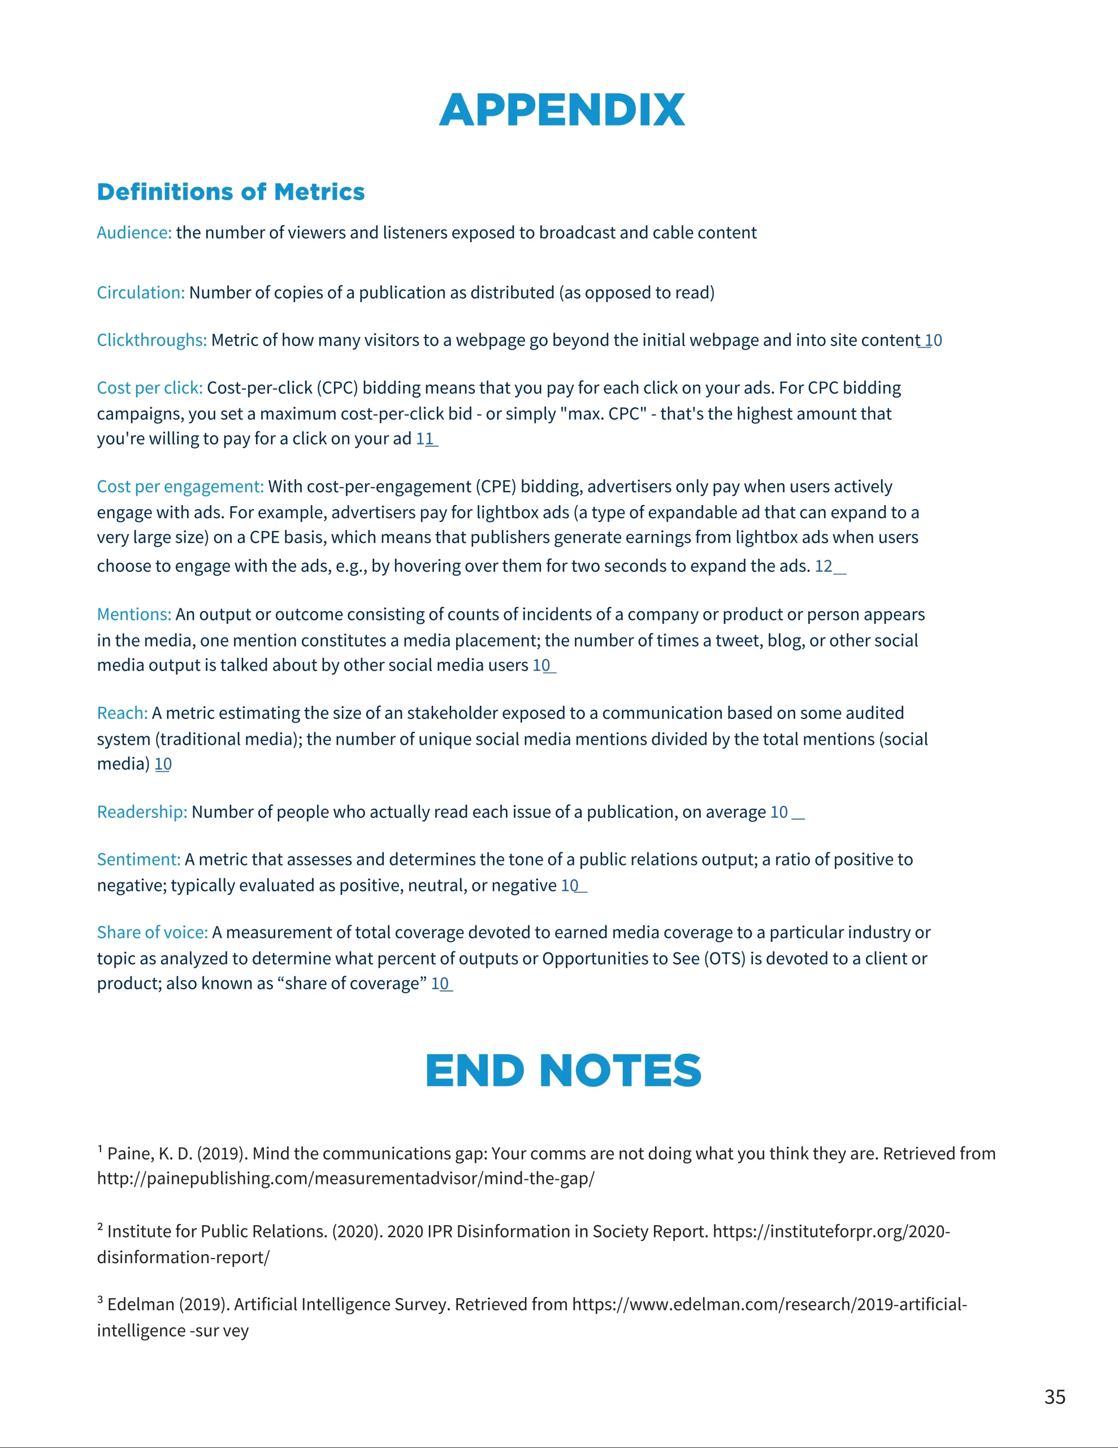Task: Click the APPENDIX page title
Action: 561,110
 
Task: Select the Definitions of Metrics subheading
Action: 231,192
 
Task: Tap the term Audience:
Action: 134,232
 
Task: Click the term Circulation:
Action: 141,292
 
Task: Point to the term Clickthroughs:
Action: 152,340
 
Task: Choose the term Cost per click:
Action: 150,388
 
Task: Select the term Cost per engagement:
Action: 180,486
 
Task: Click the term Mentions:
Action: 134,615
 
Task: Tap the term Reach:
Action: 122,713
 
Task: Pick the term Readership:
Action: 142,812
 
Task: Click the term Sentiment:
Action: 138,860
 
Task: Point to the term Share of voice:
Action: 153,933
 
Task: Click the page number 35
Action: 1054,1397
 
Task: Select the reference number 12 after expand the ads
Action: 824,566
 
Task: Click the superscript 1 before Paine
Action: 100,1148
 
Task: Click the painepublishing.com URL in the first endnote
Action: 345,1179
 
